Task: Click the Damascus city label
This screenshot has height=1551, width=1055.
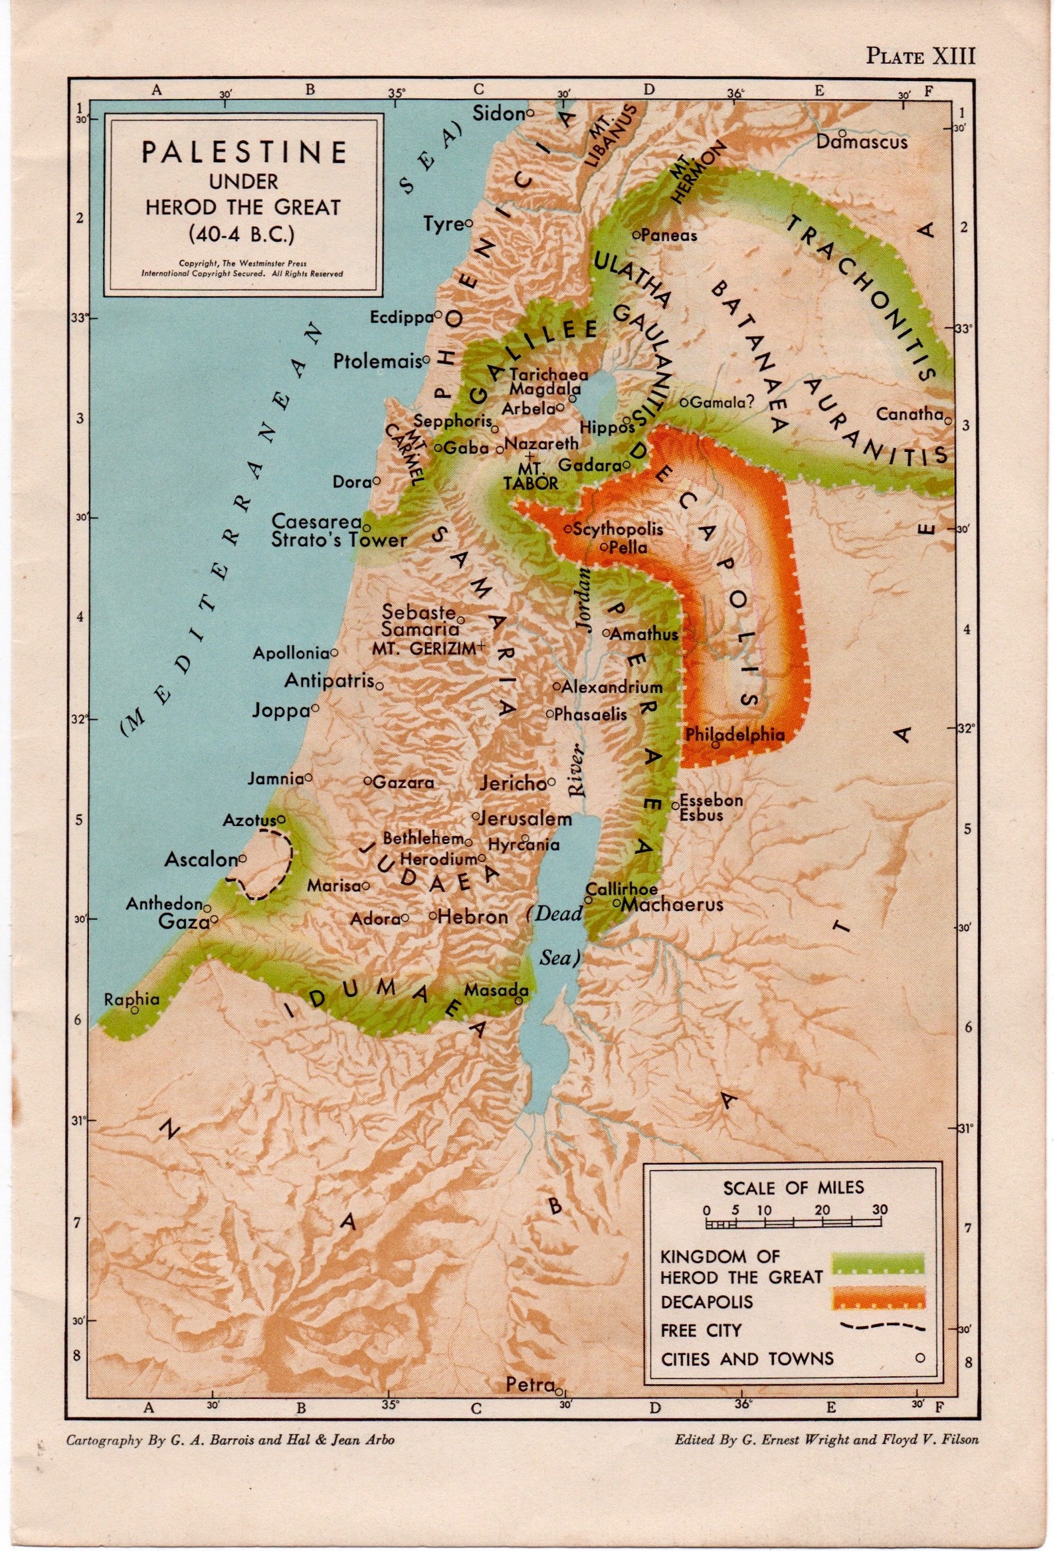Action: coord(862,142)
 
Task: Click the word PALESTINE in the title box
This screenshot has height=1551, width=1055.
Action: coord(244,152)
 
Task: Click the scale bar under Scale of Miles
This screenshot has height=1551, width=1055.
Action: coord(793,1223)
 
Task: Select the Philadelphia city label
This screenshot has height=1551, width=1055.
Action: coord(735,734)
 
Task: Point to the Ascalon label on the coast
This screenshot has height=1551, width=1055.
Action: coord(201,860)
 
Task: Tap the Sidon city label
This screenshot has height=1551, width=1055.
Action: coord(498,114)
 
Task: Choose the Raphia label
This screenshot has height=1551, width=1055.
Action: coord(132,999)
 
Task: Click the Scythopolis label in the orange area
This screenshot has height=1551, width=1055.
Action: coord(618,528)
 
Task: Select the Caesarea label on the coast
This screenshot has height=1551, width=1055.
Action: coord(316,521)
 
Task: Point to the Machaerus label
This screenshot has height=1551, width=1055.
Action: coord(672,904)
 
